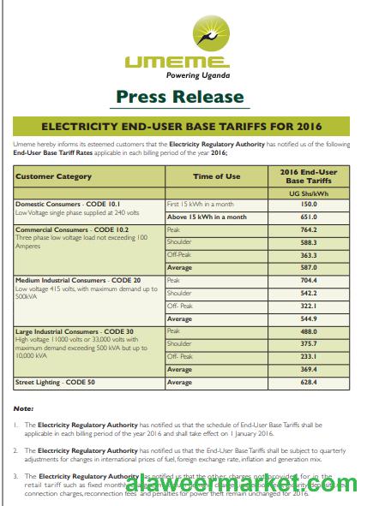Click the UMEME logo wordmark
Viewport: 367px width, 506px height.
(176, 61)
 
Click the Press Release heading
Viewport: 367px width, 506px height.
(179, 96)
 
